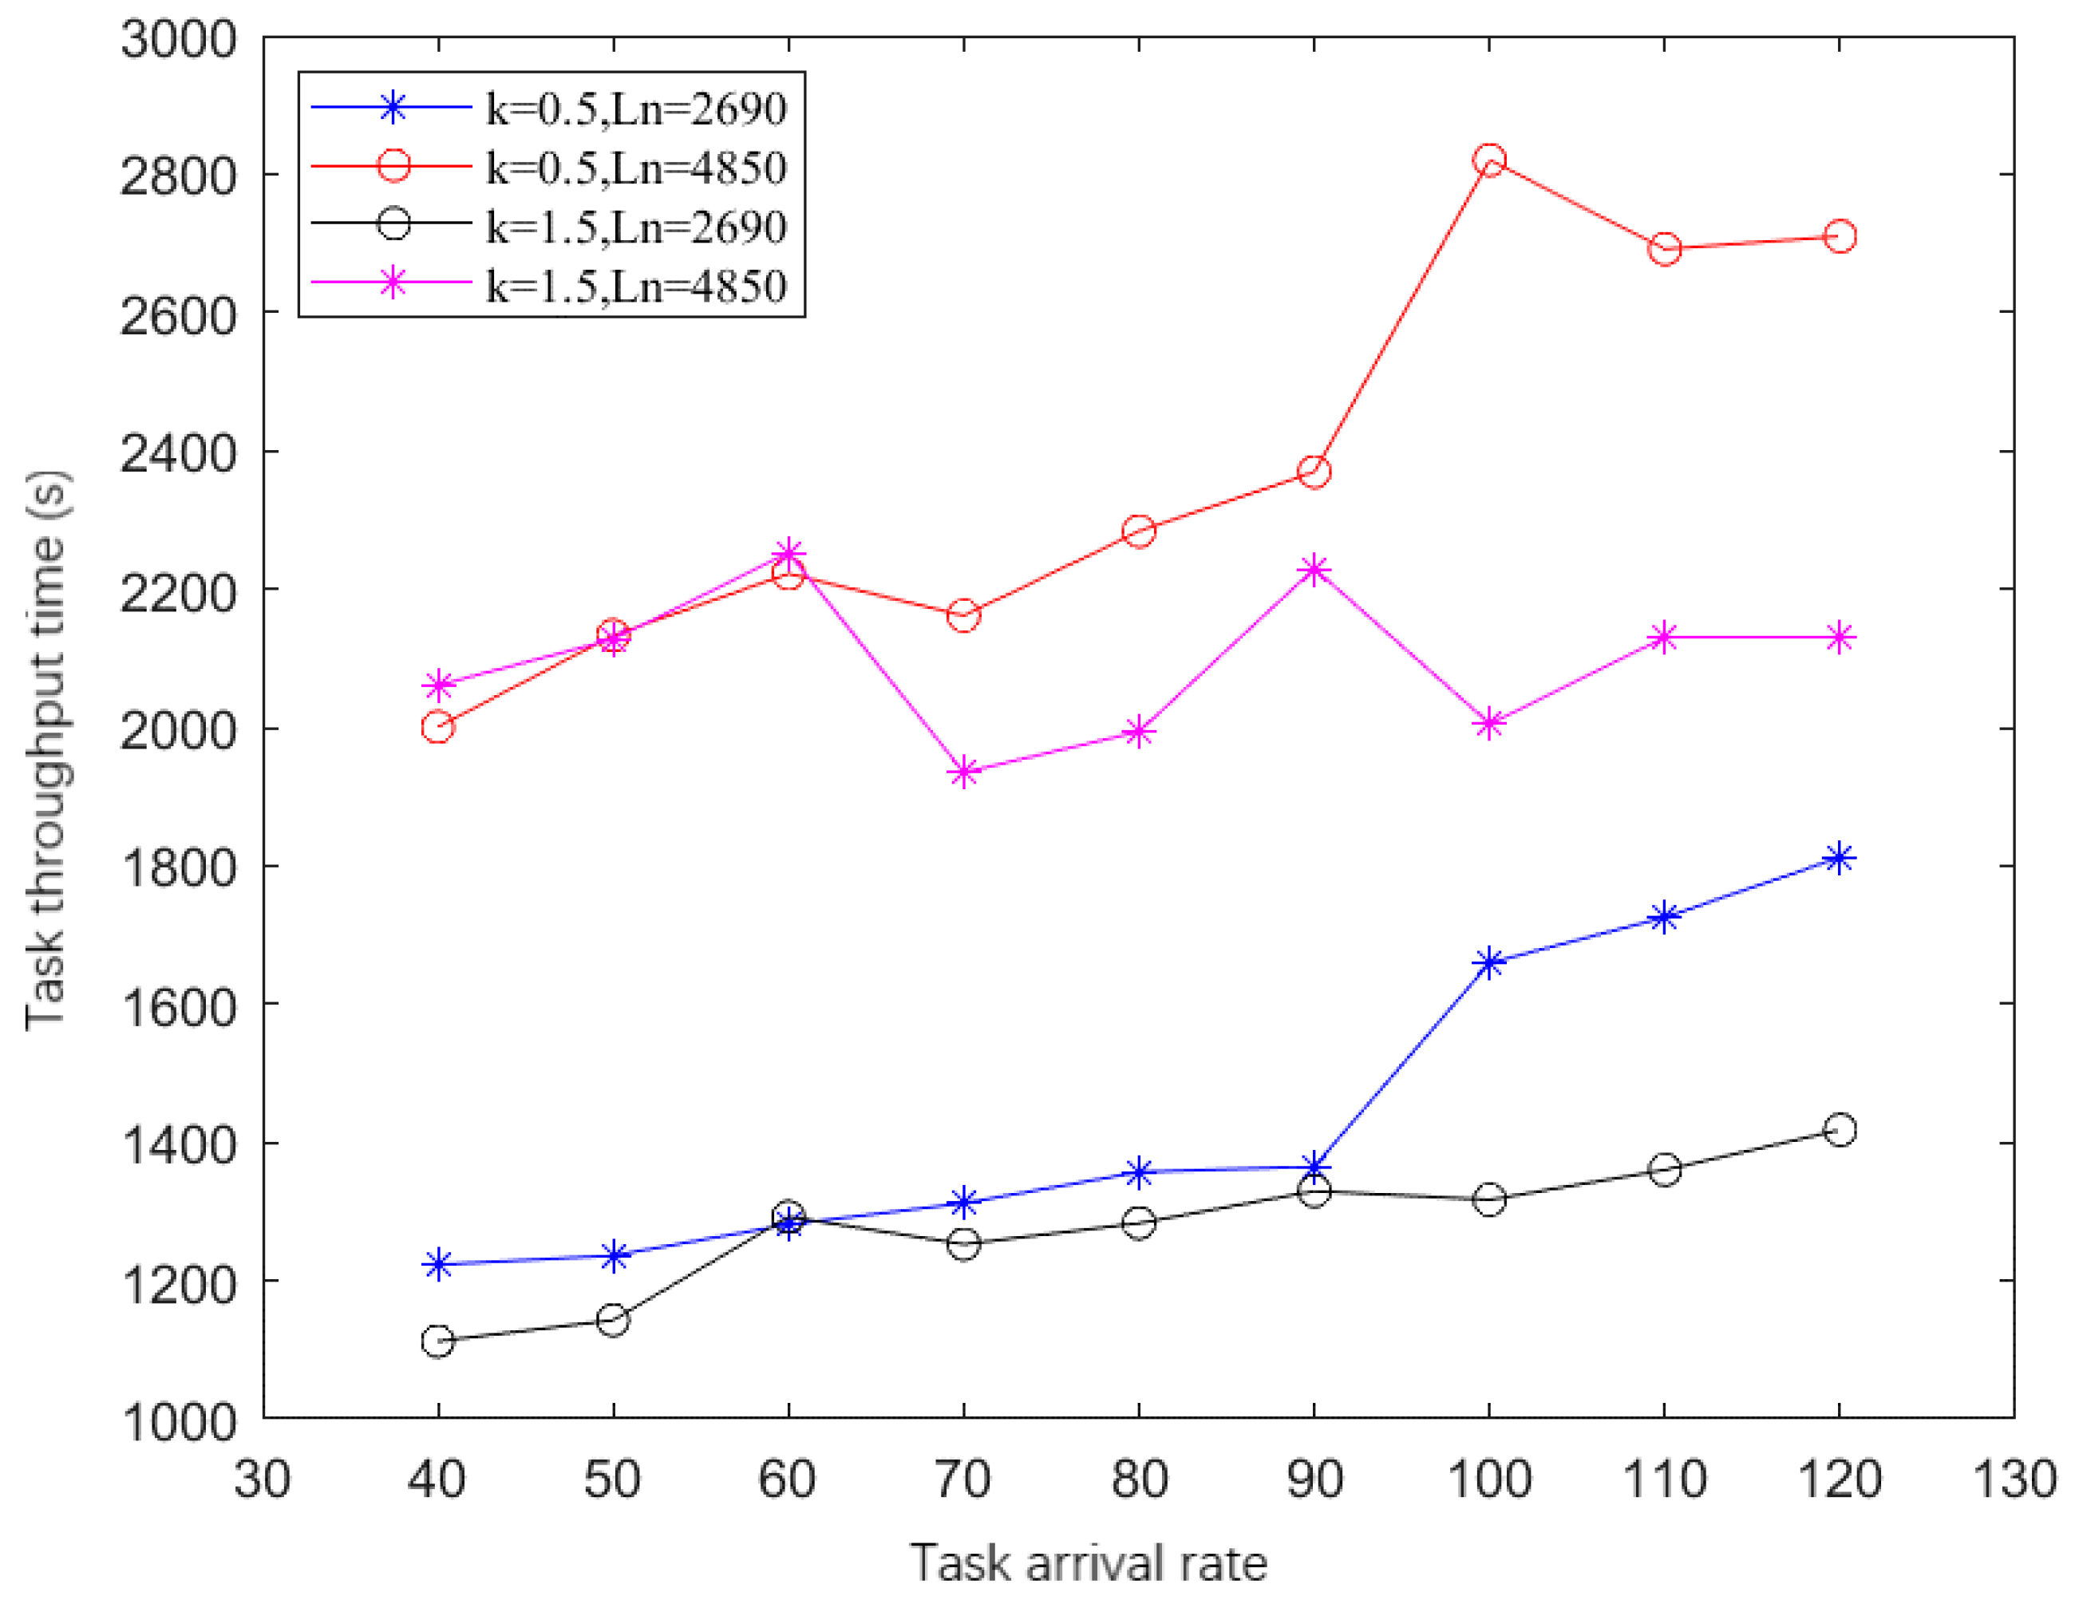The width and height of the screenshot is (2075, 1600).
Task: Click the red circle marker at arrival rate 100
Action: point(1488,160)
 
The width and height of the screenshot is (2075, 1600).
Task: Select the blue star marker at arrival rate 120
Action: point(1840,858)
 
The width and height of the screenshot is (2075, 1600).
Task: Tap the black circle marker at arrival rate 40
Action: point(437,1341)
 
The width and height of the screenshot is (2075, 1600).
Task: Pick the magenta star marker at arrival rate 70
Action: point(963,772)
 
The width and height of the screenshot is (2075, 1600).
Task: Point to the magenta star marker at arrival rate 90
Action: point(1314,569)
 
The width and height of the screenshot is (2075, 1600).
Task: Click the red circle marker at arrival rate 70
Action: point(963,614)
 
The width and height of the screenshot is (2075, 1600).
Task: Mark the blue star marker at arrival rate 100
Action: point(1488,962)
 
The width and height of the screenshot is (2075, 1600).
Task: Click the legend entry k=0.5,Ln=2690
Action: point(635,109)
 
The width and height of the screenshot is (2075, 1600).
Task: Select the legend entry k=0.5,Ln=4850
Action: point(635,168)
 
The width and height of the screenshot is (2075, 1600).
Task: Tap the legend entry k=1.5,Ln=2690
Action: point(635,226)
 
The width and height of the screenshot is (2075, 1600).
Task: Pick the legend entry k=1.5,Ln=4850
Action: point(635,285)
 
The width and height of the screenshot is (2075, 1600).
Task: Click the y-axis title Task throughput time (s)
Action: point(45,751)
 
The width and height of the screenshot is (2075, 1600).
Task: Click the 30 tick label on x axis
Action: point(263,1480)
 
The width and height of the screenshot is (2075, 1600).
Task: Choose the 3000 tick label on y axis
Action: point(178,40)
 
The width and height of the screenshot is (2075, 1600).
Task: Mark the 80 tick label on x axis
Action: point(1139,1480)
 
